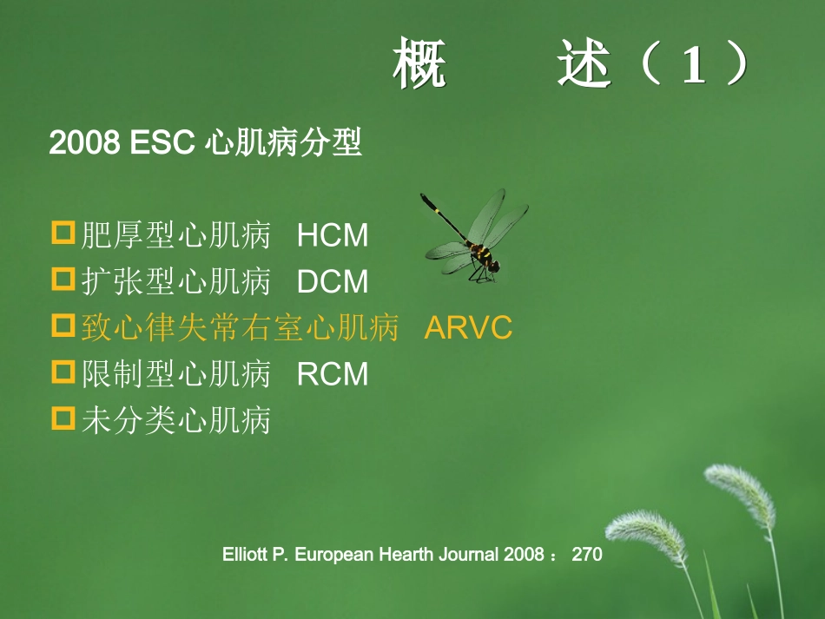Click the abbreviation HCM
click(x=333, y=236)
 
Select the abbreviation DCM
click(x=333, y=282)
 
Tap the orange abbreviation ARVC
click(x=468, y=328)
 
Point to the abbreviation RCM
click(x=333, y=374)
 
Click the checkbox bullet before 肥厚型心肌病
click(x=63, y=234)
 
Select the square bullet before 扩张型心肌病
click(x=63, y=280)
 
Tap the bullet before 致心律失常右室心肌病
click(x=63, y=326)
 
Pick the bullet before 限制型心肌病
click(x=63, y=372)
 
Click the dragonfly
click(x=474, y=236)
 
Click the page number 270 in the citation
click(x=587, y=554)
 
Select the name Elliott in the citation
click(x=246, y=554)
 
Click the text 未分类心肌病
click(x=176, y=421)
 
